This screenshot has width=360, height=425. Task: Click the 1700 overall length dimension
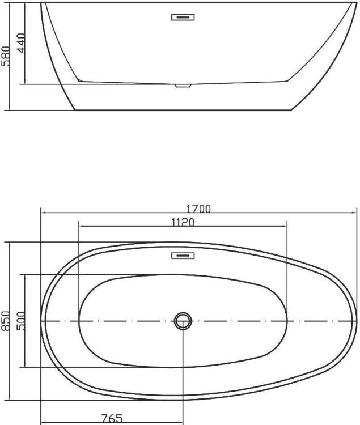point(198,209)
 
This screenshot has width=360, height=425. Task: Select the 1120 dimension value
point(183,222)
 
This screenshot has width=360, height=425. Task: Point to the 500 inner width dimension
point(20,321)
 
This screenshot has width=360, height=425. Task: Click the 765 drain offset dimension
point(112,418)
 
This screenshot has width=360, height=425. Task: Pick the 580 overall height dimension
point(5,56)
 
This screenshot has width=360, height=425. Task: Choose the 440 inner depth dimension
point(20,43)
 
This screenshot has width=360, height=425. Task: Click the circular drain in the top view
point(183,321)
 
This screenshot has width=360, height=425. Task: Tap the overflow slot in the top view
point(183,256)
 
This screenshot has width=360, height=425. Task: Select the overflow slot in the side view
point(183,18)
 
